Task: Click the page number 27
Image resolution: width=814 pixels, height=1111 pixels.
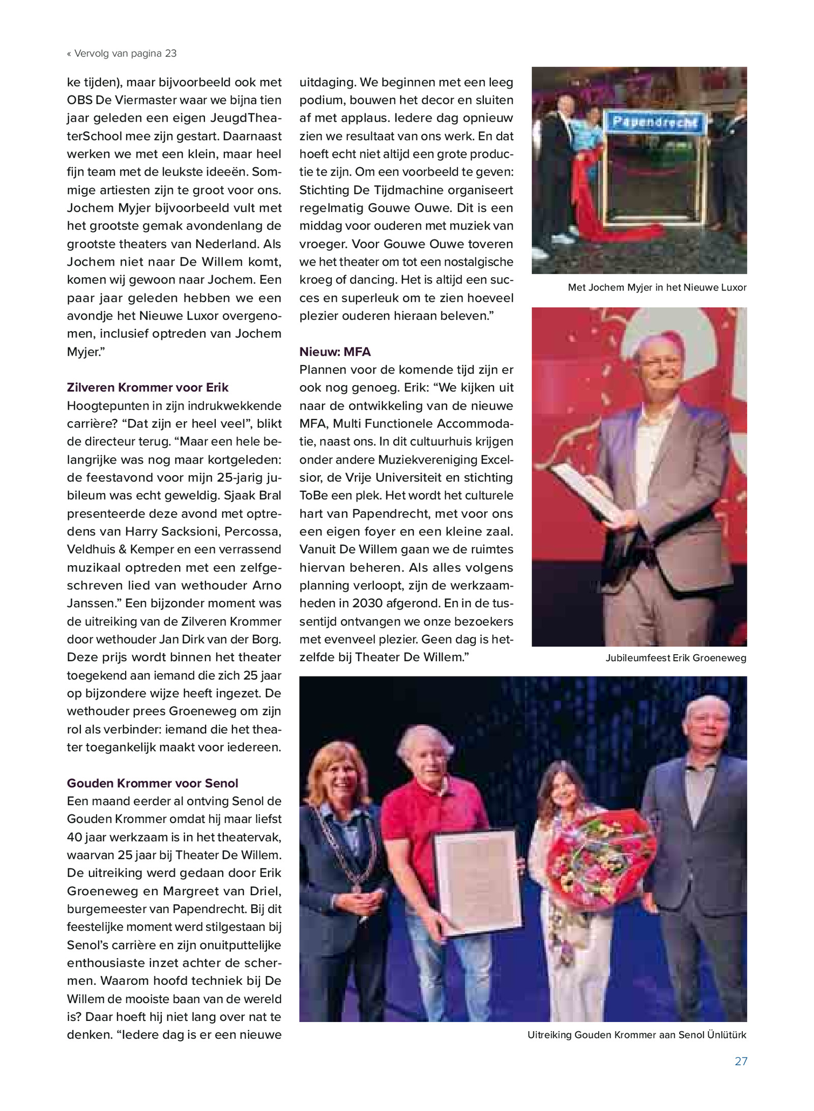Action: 740,1061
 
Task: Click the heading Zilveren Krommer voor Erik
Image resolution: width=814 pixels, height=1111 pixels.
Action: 148,388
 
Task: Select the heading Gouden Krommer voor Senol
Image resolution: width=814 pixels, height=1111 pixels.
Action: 152,783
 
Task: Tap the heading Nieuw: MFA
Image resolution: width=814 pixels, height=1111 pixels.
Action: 335,352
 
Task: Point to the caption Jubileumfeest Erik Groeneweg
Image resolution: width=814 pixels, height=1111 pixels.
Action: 676,658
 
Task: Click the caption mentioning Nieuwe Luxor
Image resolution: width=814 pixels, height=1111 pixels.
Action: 657,287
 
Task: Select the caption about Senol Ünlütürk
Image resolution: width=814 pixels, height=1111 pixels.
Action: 636,1035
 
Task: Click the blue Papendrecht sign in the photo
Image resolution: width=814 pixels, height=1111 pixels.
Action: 653,122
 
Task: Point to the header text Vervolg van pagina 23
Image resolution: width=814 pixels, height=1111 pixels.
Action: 122,53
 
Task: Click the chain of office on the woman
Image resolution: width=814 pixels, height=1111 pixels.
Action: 356,844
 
